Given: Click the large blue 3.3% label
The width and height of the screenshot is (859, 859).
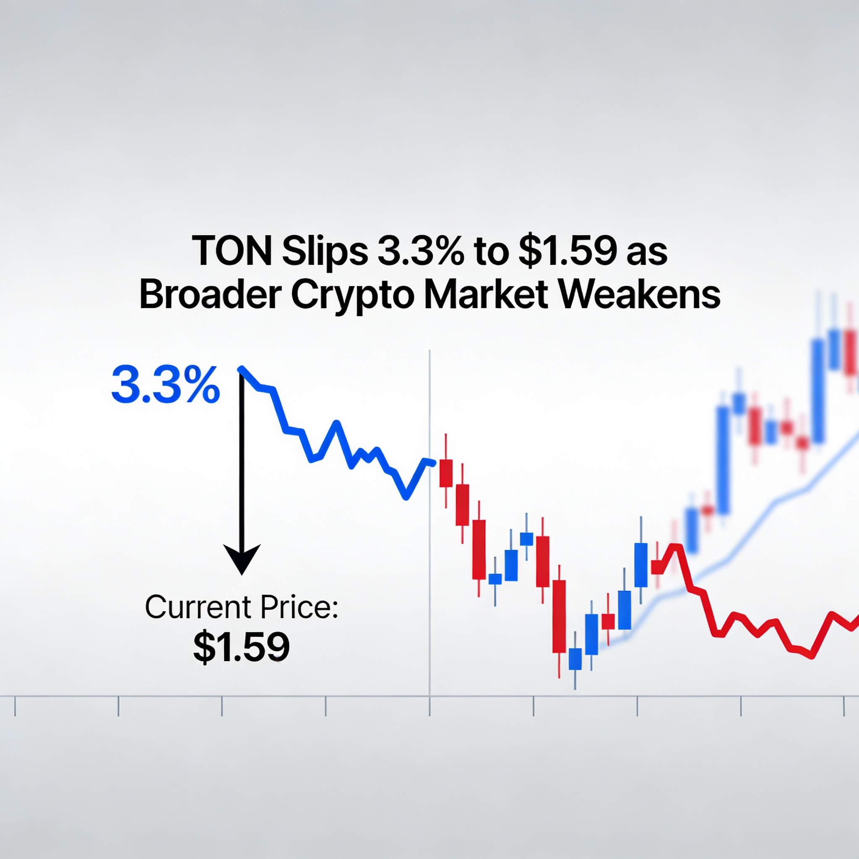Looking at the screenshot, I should pos(165,385).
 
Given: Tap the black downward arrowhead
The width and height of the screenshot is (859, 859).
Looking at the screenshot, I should pos(242,558).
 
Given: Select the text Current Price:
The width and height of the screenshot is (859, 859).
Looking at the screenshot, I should pos(242,607).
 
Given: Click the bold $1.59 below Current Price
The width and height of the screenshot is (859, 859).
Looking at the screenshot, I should pos(242,646).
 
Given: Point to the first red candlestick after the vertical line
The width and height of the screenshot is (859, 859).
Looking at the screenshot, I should pos(445,473).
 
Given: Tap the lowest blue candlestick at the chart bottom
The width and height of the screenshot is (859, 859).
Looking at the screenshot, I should pos(575,659).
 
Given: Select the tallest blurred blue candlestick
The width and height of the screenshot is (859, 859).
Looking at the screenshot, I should pos(724,460).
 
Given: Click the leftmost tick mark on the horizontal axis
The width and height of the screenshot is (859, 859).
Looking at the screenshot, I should pos(15,706).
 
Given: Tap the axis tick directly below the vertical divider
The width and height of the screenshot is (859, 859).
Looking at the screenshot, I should pos(429,706).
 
